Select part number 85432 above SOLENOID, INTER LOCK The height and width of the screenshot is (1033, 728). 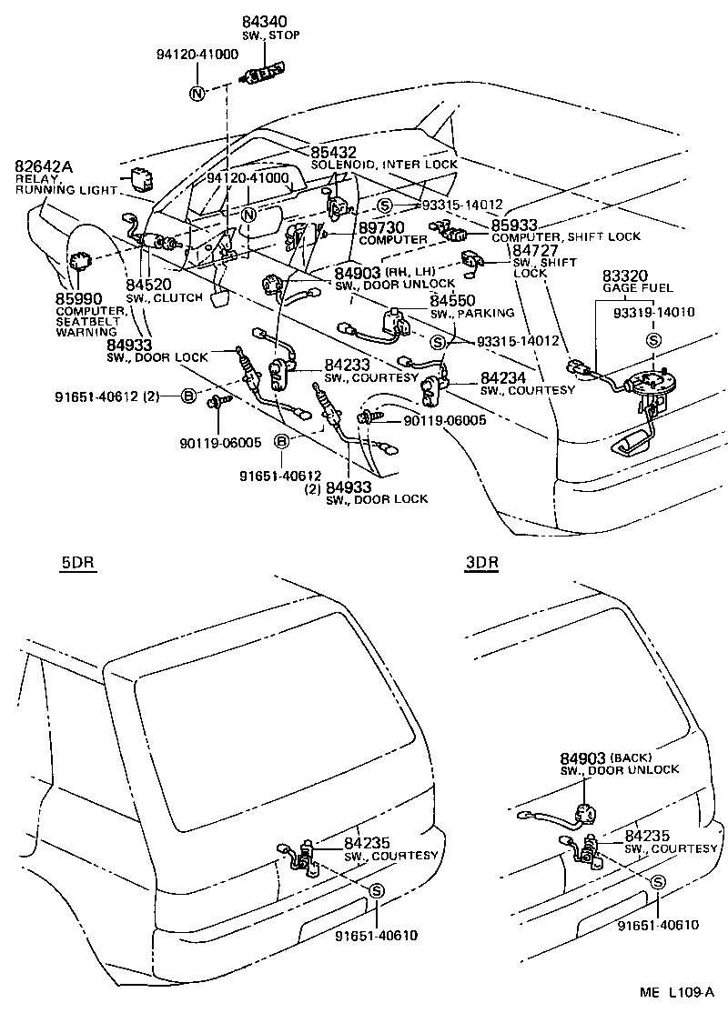[x=333, y=152]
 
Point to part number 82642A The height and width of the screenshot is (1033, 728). [x=44, y=166]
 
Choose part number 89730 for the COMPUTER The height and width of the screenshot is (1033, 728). [x=382, y=226]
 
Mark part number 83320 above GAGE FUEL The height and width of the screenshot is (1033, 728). [x=624, y=274]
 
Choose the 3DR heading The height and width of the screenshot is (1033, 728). [x=481, y=562]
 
